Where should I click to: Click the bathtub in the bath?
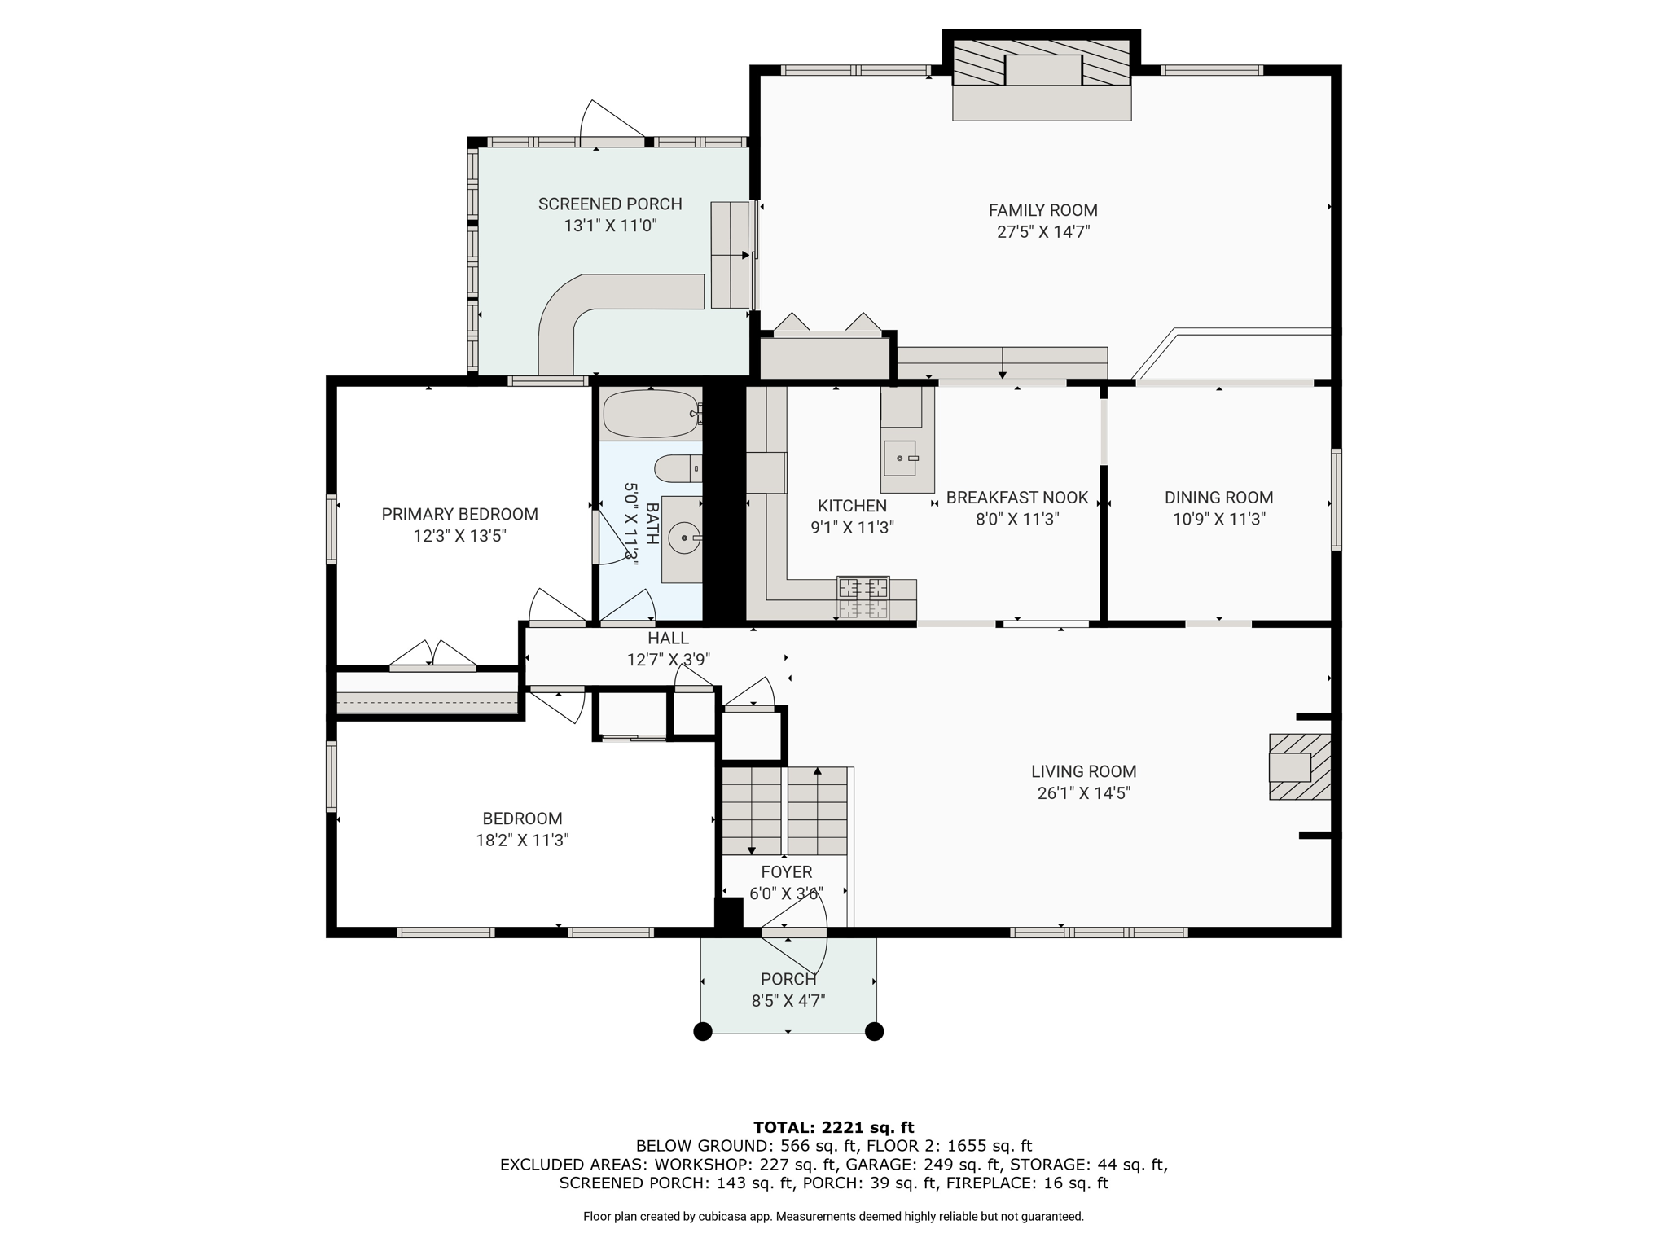tap(651, 414)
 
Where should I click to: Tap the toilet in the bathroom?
tap(678, 468)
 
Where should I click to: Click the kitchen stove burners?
tap(863, 598)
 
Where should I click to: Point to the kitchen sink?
tap(902, 459)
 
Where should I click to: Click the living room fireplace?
tap(1300, 766)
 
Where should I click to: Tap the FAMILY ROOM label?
tap(1043, 210)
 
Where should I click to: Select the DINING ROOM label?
tap(1218, 498)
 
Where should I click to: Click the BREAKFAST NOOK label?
tap(1017, 498)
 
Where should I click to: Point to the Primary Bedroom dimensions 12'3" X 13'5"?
tap(460, 536)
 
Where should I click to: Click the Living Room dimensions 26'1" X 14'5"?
tap(1084, 793)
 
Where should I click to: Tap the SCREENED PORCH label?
tap(610, 204)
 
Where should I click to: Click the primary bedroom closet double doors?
tap(432, 655)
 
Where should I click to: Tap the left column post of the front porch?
tap(702, 1032)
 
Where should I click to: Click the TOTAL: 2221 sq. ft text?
tap(833, 1127)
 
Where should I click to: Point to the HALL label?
tap(669, 639)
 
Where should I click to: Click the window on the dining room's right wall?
tap(1337, 499)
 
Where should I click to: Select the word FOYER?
tap(787, 872)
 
